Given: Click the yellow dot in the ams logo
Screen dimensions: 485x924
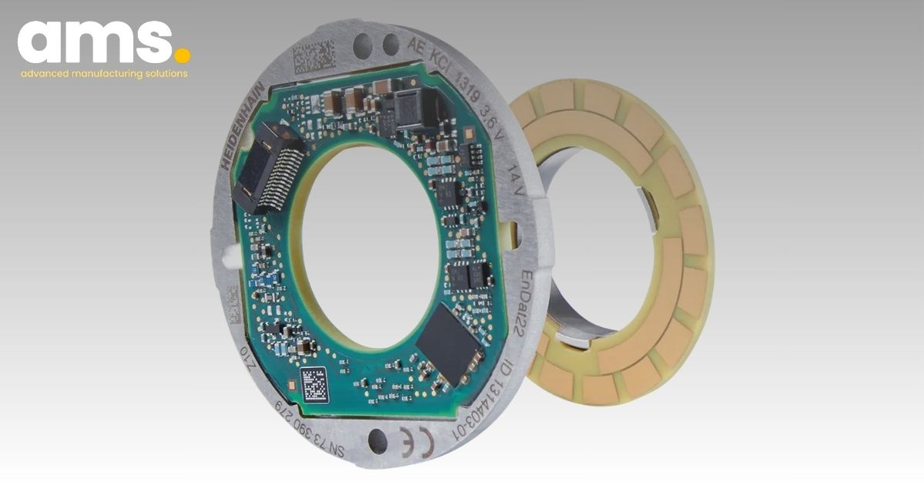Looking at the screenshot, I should [x=182, y=55].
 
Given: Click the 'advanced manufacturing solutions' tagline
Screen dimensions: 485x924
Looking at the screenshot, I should [x=104, y=74].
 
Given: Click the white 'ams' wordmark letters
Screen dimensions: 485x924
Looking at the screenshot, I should [x=92, y=42].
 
